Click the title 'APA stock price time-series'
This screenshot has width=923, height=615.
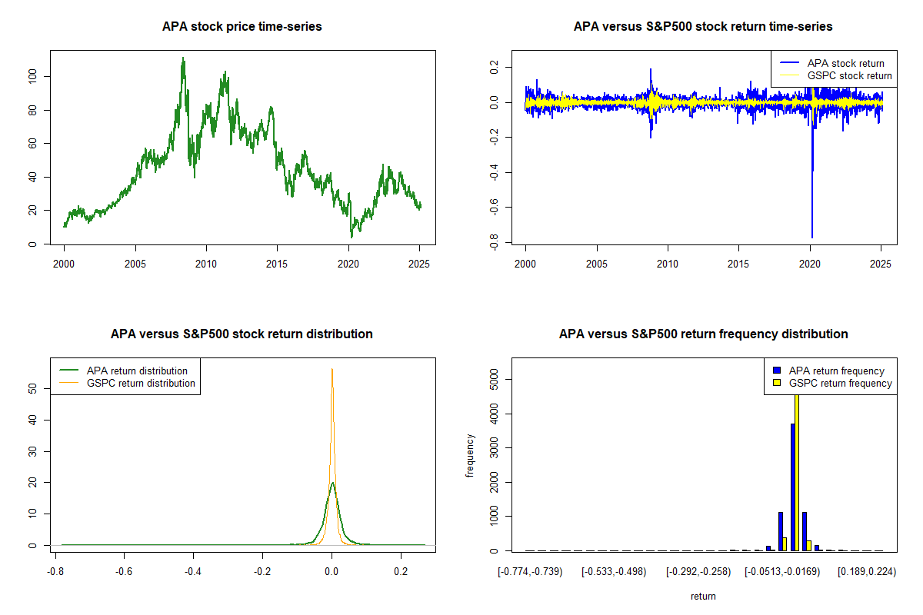pyautogui.click(x=242, y=27)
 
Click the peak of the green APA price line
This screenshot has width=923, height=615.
pyautogui.click(x=182, y=58)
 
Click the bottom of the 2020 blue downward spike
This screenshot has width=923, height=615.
pyautogui.click(x=811, y=238)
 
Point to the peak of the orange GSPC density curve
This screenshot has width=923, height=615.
pyautogui.click(x=332, y=369)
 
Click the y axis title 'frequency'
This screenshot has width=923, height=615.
pyautogui.click(x=470, y=455)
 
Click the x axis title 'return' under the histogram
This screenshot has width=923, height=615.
pyautogui.click(x=703, y=596)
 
